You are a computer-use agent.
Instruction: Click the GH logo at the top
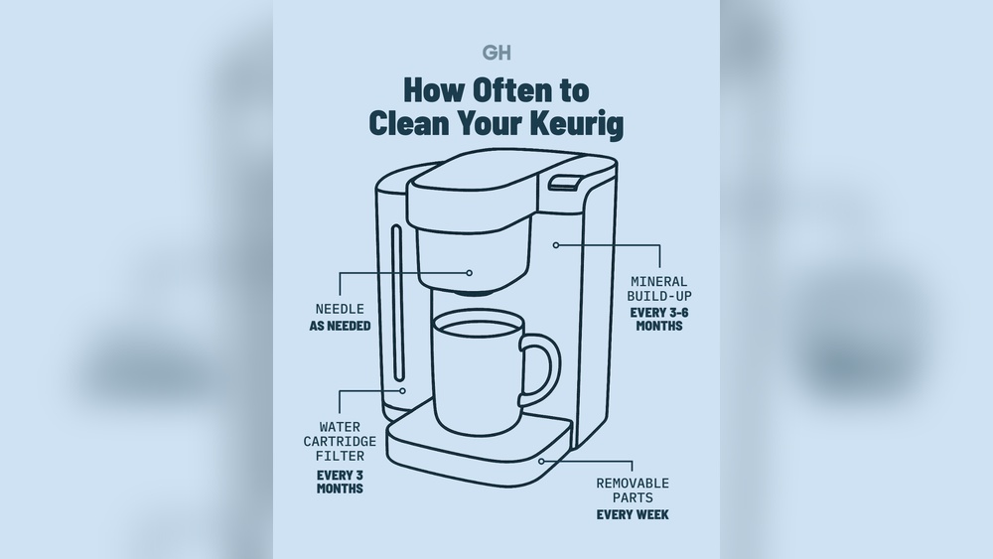click(x=496, y=53)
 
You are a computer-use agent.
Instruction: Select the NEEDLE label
click(x=340, y=309)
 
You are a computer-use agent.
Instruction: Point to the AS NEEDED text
click(x=340, y=326)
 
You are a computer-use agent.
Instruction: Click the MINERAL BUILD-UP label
click(x=659, y=288)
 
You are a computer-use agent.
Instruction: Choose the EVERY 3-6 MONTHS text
click(x=659, y=319)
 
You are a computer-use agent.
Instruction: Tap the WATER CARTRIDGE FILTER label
click(x=340, y=441)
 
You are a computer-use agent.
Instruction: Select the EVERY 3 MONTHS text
click(x=340, y=482)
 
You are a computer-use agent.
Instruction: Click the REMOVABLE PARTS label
click(x=633, y=490)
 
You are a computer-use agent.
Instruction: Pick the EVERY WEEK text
click(x=633, y=514)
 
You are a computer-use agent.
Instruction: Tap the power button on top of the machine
click(x=565, y=182)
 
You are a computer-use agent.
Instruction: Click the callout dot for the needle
click(x=470, y=273)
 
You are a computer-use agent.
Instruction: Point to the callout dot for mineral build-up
click(x=556, y=245)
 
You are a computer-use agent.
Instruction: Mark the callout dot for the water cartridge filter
click(x=402, y=390)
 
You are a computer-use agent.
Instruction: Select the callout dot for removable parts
click(x=541, y=461)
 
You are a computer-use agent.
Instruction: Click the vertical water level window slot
click(x=397, y=303)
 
